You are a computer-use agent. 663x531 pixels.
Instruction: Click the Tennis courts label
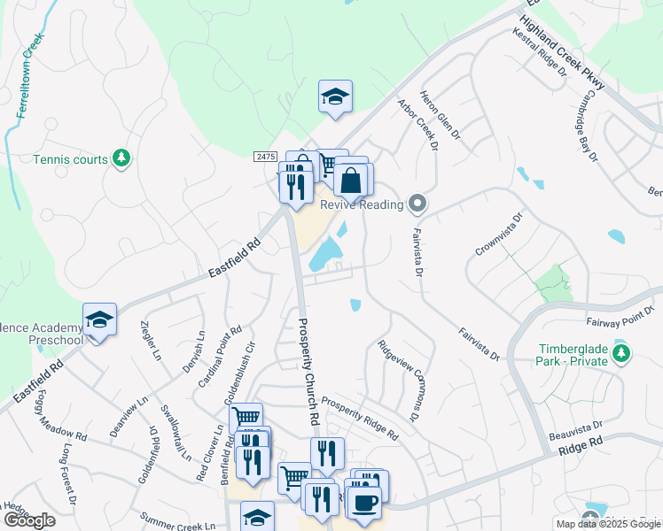point(69,160)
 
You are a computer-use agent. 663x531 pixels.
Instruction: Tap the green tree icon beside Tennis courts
point(121,159)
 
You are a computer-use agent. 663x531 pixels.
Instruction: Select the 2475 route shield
point(265,157)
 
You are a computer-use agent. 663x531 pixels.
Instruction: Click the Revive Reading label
point(362,204)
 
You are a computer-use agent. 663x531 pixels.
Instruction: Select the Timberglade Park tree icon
point(622,354)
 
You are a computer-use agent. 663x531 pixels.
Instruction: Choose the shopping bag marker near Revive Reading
point(351,180)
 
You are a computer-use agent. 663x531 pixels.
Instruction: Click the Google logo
point(29,520)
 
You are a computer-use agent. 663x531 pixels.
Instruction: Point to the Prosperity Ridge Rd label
point(360,416)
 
